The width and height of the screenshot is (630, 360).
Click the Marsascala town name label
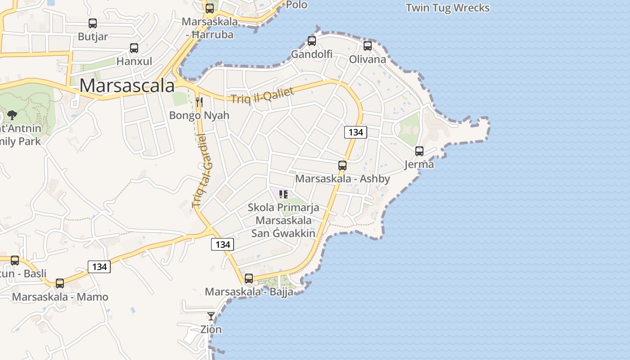point(127,85)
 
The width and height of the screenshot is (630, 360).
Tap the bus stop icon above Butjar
point(93,23)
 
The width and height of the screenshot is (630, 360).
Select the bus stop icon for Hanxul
point(134,48)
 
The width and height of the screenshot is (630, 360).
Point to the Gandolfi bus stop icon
point(312,41)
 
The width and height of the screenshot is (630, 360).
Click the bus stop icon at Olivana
point(368,46)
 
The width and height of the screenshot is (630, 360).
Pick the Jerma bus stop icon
point(419,151)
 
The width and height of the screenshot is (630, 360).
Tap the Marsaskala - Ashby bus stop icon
point(342,166)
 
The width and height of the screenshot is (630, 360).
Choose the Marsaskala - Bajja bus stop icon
point(249,279)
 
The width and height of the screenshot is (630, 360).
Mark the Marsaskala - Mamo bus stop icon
point(60,283)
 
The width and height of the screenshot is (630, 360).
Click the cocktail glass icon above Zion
point(211,316)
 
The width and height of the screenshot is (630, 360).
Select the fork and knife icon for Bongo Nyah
point(199,102)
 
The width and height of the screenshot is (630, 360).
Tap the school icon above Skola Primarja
point(283,194)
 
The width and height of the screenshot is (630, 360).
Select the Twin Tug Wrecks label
point(447,8)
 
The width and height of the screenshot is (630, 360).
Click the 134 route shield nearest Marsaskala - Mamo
point(99,267)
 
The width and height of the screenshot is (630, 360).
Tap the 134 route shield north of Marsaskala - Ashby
point(355,132)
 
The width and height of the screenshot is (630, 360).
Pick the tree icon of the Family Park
point(12,115)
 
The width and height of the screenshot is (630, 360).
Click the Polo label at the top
point(297,5)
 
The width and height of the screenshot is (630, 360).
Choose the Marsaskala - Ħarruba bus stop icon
point(210,8)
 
